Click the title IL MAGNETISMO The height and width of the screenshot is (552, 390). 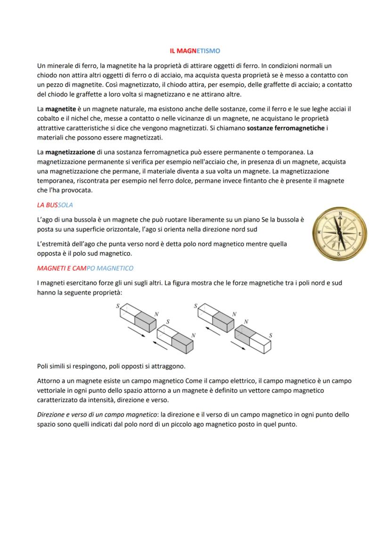195,50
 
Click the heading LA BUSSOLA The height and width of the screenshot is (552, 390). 55,206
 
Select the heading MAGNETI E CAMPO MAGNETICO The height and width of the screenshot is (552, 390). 85,268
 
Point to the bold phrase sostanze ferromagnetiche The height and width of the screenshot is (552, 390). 286,129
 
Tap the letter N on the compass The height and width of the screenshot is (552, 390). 340,214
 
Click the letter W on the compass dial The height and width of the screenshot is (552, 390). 319,232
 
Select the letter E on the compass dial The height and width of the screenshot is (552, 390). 360,234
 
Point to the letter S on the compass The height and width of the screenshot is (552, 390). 339,253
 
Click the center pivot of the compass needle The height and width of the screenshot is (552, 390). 340,233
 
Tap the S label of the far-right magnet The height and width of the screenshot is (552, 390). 271,335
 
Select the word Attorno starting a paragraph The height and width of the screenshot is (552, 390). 49,381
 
